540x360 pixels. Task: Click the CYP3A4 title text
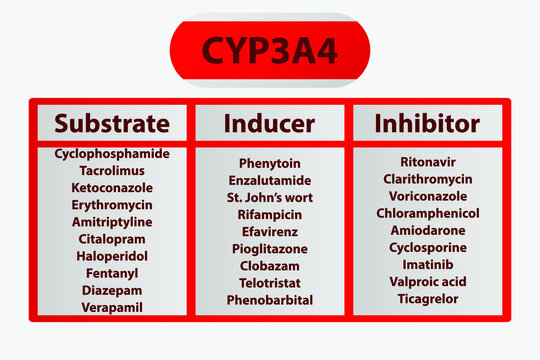[x=269, y=51]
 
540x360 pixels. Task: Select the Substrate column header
[x=112, y=124]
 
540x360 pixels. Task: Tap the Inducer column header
[x=269, y=124]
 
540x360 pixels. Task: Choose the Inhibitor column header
[x=427, y=124]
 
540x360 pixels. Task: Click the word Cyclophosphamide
[x=112, y=154]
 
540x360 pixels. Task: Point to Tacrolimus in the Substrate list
[x=112, y=171]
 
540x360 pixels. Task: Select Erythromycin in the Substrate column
[x=112, y=205]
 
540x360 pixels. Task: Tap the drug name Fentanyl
[x=112, y=273]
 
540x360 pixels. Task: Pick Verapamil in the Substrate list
[x=112, y=307]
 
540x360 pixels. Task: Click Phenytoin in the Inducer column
[x=269, y=163]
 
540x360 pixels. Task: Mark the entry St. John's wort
[x=269, y=197]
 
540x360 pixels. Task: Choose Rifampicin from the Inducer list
[x=269, y=214]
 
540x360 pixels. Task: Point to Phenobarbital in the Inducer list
[x=269, y=300]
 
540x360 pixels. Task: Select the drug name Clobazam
[x=269, y=266]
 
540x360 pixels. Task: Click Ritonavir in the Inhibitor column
[x=427, y=162]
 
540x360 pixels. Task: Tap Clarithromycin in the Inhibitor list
[x=427, y=179]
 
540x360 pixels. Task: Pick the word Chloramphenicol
[x=427, y=213]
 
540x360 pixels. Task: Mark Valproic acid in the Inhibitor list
[x=427, y=282]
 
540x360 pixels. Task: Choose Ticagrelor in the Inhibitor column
[x=427, y=299]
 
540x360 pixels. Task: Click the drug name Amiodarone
[x=427, y=230]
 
